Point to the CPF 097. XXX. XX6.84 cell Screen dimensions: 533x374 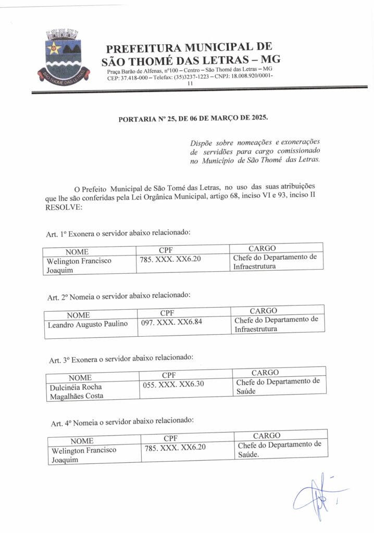coord(172,322)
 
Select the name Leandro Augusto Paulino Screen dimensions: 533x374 coord(88,324)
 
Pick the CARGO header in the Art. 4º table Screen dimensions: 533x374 coord(267,435)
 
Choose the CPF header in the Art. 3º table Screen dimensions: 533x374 coord(169,375)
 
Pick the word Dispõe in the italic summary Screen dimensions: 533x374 coord(202,142)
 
